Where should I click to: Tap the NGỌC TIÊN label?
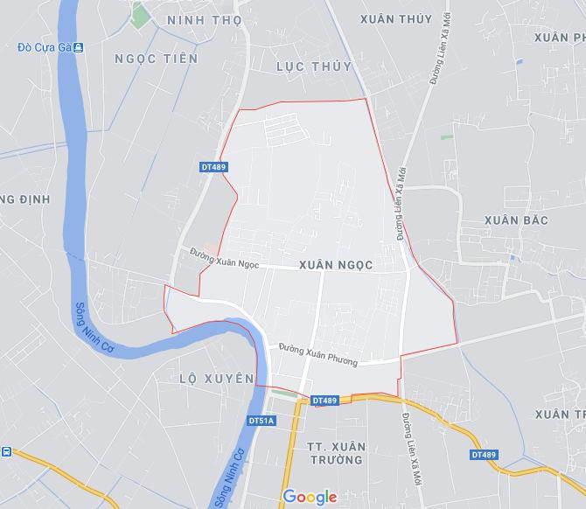[157, 59]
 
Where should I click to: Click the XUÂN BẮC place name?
[517, 220]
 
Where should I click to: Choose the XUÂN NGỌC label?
[336, 263]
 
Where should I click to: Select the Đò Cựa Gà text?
[43, 46]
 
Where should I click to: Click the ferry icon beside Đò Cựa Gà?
[78, 46]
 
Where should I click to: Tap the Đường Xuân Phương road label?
[317, 355]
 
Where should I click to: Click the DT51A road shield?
[262, 421]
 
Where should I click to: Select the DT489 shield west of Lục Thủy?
[213, 166]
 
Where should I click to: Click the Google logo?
[310, 497]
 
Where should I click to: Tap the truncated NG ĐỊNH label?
[24, 199]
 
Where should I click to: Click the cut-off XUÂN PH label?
[565, 38]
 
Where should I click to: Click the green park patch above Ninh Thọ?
[137, 14]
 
